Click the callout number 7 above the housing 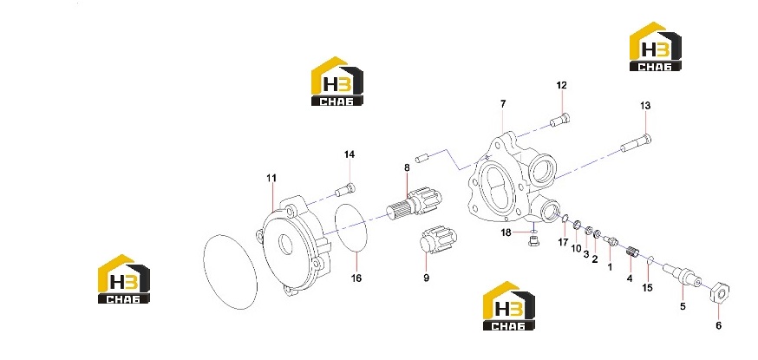tap(503, 104)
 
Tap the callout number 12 tap(561, 86)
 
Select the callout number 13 tap(645, 105)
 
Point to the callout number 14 tap(350, 154)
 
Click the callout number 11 tap(271, 179)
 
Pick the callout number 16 tap(356, 278)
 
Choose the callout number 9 tap(427, 278)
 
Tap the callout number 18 tap(506, 232)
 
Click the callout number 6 tap(718, 325)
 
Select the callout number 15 tap(647, 288)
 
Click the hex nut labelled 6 tap(720, 291)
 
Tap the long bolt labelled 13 tap(636, 143)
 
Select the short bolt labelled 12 tap(560, 120)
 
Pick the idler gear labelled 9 tap(437, 240)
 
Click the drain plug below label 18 tap(533, 240)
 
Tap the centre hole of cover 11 tap(285, 245)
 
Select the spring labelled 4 tap(633, 252)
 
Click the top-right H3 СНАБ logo tap(656, 46)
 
